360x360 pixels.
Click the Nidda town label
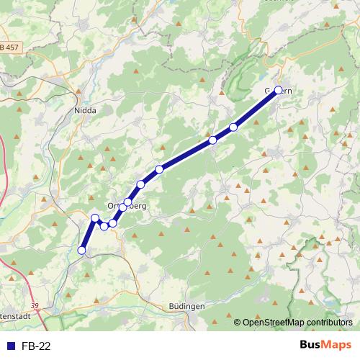tap(85, 111)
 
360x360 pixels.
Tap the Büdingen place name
tap(186, 306)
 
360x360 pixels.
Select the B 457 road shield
tap(10, 48)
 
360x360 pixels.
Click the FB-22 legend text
tap(36, 346)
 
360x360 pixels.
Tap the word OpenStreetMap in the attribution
tap(273, 323)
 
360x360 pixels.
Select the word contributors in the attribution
tap(328, 323)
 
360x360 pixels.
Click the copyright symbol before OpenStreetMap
tap(237, 323)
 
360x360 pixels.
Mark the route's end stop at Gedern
tap(278, 91)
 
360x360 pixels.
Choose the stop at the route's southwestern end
tap(81, 250)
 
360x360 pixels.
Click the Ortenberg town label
tap(127, 207)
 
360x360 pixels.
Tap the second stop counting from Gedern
tap(233, 127)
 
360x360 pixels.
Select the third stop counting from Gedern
tap(213, 140)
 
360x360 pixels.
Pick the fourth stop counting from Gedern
tap(159, 169)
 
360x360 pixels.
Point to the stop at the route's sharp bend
tap(95, 217)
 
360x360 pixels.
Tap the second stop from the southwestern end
tap(95, 217)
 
